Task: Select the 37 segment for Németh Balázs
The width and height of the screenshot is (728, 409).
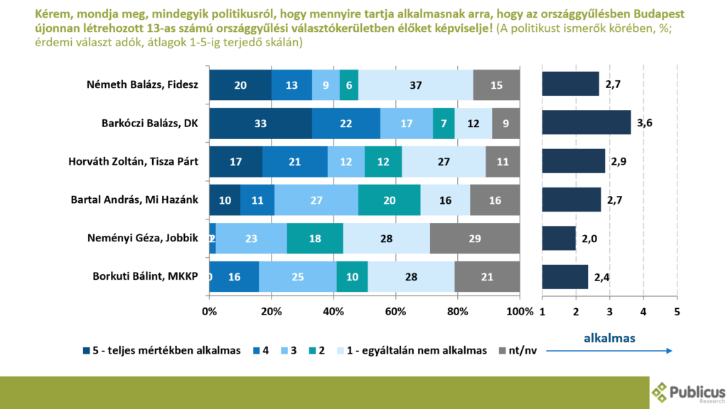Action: pos(415,84)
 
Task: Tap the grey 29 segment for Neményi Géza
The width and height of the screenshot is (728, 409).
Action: pos(474,238)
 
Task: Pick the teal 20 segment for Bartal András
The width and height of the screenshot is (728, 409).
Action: pos(389,200)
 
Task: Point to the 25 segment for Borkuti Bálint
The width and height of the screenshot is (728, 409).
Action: pos(297,276)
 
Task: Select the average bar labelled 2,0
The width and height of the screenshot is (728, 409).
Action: pos(559,238)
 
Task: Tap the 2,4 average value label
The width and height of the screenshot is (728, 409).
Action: pos(601,276)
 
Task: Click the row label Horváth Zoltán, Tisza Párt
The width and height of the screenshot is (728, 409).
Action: pos(145,161)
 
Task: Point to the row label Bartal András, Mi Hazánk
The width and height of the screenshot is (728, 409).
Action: pos(145,200)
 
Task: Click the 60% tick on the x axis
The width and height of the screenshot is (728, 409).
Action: pos(396,312)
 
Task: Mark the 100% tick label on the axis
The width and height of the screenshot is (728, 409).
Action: pos(520,312)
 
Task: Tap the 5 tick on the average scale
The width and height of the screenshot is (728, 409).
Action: pos(677,312)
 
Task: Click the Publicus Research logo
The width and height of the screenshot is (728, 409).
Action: pos(687,393)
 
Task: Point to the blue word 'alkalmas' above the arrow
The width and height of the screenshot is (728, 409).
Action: pos(609,339)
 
